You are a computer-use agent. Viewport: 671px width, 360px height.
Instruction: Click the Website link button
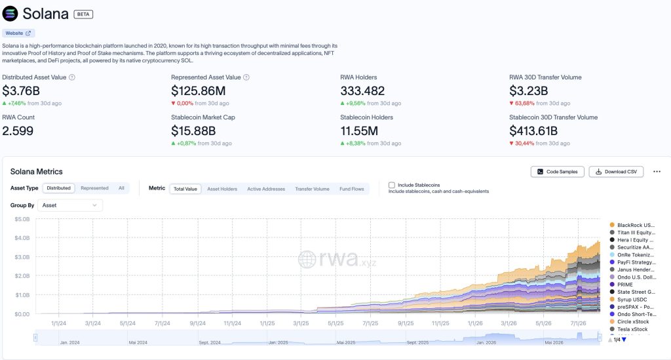(x=18, y=33)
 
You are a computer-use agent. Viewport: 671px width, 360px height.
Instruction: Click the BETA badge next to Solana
(x=83, y=14)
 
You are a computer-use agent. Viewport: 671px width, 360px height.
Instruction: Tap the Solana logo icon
(x=10, y=14)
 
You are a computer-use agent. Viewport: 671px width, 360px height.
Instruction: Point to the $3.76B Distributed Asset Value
(x=21, y=90)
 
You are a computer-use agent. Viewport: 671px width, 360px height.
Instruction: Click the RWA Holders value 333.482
(x=362, y=90)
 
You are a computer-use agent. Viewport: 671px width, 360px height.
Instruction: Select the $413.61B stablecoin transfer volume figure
(x=533, y=130)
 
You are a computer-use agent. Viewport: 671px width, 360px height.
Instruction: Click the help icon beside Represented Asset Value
(x=246, y=77)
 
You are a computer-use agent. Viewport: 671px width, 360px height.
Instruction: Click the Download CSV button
(x=616, y=172)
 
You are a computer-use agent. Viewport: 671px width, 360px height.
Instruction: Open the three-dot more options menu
(x=657, y=172)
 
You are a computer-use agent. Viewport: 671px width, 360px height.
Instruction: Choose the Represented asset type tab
(x=94, y=188)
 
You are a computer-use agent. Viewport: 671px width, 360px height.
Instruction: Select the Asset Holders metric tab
(x=222, y=189)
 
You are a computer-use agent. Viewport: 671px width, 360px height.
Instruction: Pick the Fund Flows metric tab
(x=352, y=189)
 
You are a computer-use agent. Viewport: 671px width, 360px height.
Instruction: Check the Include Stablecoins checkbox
(x=392, y=185)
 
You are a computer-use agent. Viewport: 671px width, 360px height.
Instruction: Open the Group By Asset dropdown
(x=70, y=205)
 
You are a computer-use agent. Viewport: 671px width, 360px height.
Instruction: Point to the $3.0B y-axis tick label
(x=22, y=257)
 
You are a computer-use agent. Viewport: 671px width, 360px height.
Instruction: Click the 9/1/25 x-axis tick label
(x=405, y=323)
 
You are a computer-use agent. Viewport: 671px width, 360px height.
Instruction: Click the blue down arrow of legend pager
(x=624, y=340)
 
